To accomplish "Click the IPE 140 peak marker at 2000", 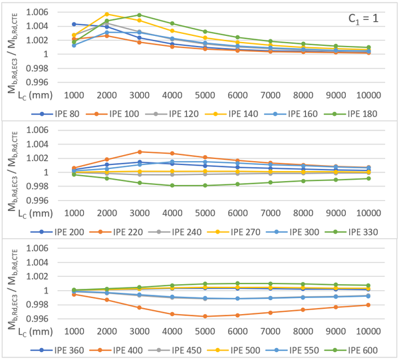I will pos(107,14).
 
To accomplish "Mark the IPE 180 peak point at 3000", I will pos(139,15).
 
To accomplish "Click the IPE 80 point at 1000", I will pos(74,24).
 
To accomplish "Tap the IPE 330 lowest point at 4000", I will pos(172,186).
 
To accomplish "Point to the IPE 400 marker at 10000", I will pos(367,305).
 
